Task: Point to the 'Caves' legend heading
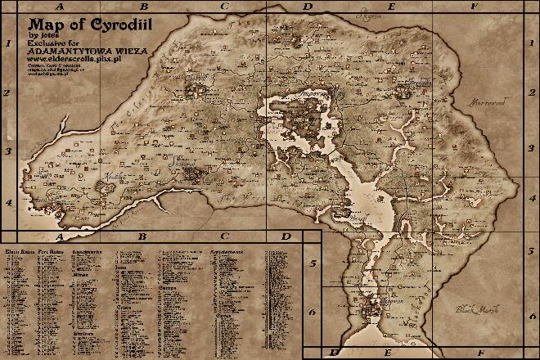[x=223, y=313]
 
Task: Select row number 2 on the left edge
[x=7, y=92]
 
